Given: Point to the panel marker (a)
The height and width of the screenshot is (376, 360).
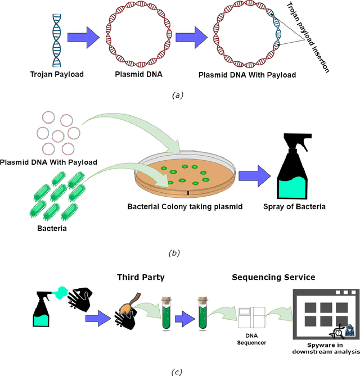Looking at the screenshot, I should click(x=177, y=95).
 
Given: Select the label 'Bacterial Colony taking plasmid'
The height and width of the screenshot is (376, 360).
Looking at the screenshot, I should click(x=184, y=206).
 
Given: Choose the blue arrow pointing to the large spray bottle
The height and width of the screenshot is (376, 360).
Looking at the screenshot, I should click(x=254, y=176).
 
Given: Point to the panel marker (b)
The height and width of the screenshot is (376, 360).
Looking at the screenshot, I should click(x=177, y=253).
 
